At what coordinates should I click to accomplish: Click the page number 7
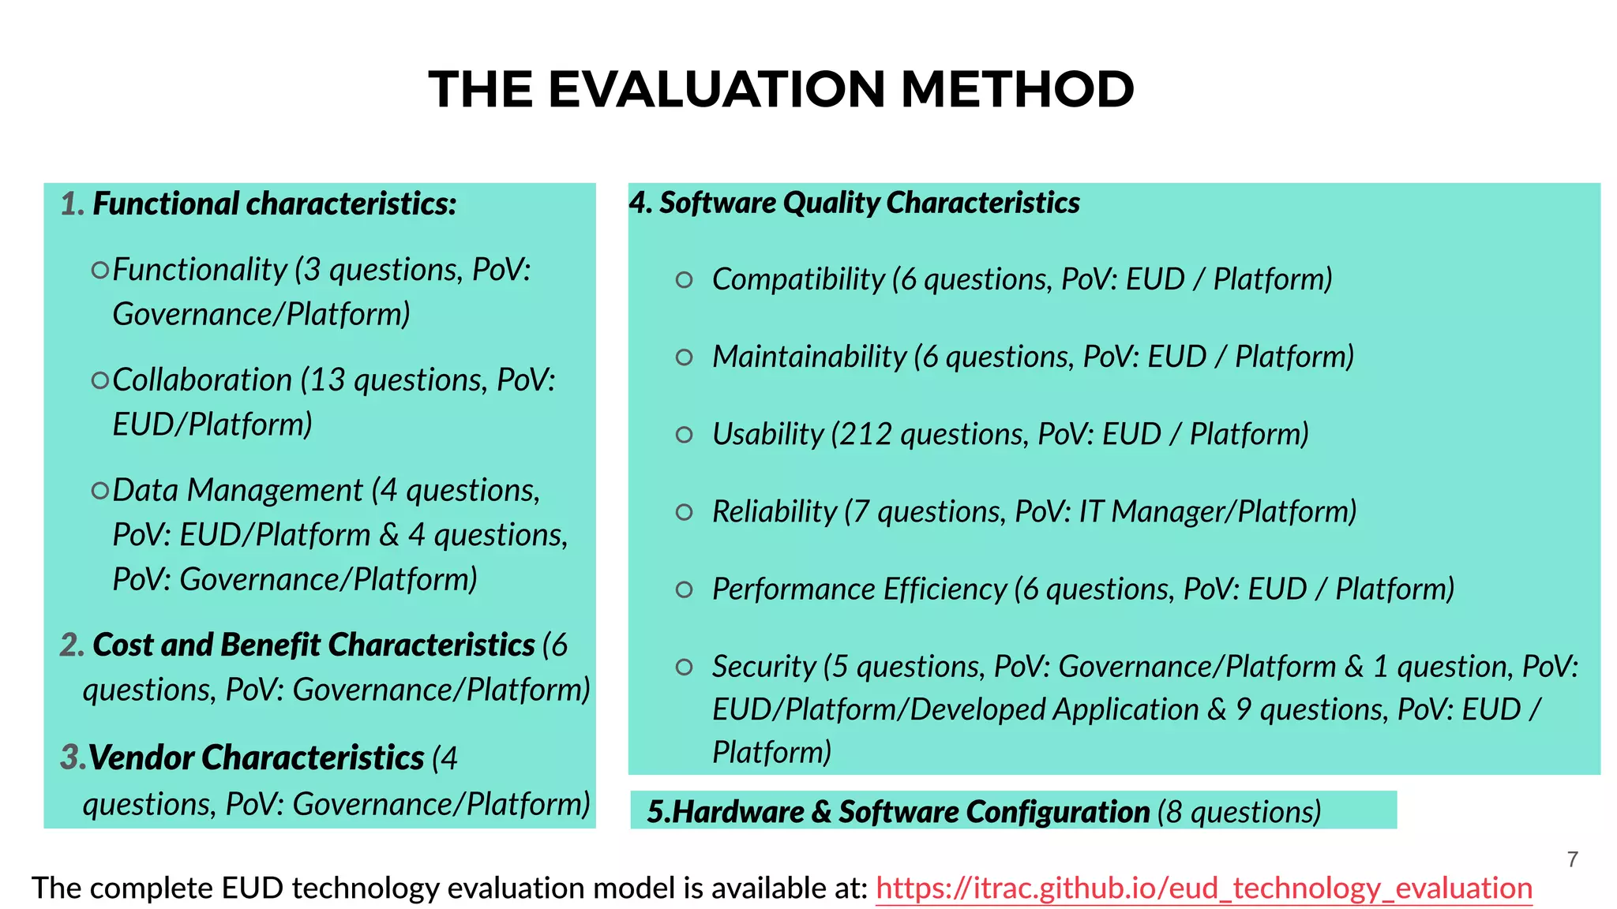click(x=1573, y=859)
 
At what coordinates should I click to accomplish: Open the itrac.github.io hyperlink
click(x=1203, y=888)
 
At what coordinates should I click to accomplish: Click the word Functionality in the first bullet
click(x=200, y=270)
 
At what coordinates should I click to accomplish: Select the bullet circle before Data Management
click(x=99, y=491)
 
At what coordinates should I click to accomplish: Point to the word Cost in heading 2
click(x=123, y=645)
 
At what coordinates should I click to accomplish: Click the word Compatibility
click(x=798, y=279)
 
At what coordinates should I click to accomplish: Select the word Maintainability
click(x=809, y=357)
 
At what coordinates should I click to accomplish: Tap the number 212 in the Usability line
click(x=865, y=434)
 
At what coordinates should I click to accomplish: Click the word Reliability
click(x=774, y=511)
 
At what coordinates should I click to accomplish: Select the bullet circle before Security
click(x=685, y=668)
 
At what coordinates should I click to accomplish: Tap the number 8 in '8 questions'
click(x=1174, y=812)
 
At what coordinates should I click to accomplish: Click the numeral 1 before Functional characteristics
click(x=69, y=204)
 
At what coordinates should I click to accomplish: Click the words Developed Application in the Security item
click(x=1054, y=709)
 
